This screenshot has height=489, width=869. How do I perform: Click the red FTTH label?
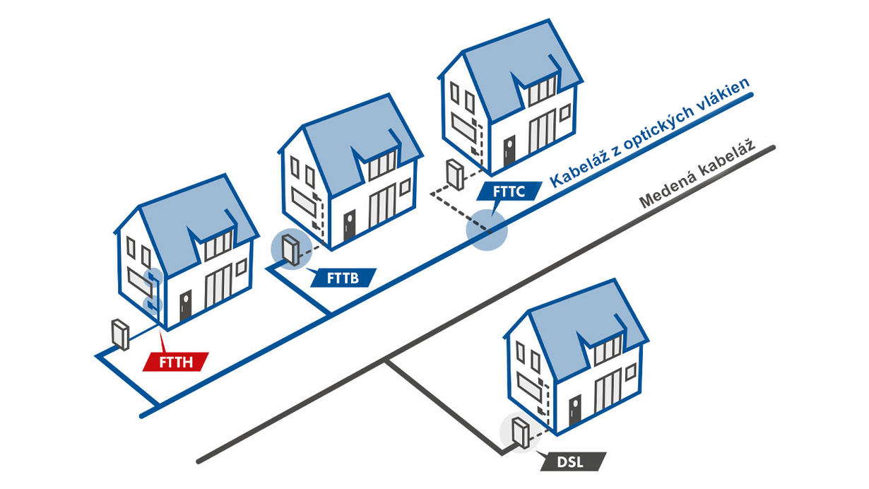176,362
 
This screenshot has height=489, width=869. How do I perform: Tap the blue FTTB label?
343,278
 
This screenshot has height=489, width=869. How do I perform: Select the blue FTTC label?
509,192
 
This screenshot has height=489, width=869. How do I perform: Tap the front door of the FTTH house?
185,305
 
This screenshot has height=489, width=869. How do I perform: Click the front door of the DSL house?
575,411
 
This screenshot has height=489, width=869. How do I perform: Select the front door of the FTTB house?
349,225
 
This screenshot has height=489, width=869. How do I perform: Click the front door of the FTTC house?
509,151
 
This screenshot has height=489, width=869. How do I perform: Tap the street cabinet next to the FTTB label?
290,250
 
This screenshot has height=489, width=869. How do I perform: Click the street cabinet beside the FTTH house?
120,334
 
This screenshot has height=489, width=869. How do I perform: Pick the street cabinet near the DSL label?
521,432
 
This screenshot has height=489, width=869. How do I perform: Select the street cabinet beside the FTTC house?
455,175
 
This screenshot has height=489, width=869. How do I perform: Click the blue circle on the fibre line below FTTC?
487,230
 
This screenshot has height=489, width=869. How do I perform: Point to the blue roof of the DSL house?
586,326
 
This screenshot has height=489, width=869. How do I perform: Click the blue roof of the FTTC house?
520,66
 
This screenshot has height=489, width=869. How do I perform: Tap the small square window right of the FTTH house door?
242,267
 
